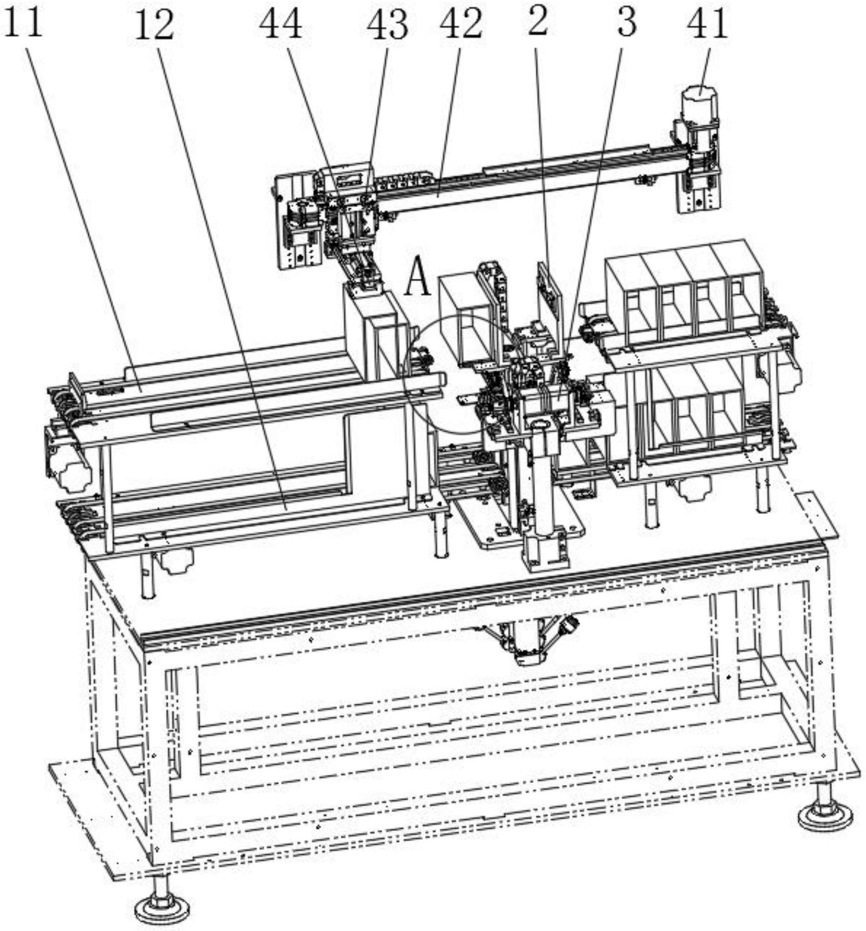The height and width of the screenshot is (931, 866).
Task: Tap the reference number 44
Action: (281, 24)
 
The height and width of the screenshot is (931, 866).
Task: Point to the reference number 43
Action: (387, 25)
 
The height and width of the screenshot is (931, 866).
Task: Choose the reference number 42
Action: (461, 23)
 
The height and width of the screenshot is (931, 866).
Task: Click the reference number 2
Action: (537, 21)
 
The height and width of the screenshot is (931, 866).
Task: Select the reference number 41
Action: (708, 24)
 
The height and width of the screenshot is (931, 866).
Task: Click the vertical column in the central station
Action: (545, 482)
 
